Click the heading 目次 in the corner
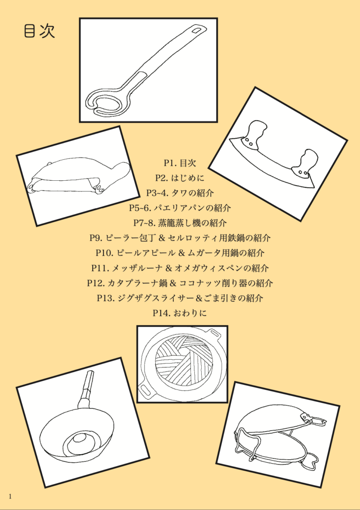(39, 31)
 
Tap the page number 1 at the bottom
(10, 496)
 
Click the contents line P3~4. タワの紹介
(180, 193)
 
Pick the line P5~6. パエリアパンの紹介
(180, 208)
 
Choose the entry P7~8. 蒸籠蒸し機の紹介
(180, 223)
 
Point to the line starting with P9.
(180, 238)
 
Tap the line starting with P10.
(180, 253)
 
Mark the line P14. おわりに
(180, 313)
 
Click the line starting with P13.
(180, 298)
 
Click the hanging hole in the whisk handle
(197, 30)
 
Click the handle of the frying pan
(85, 390)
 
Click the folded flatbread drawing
(78, 177)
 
